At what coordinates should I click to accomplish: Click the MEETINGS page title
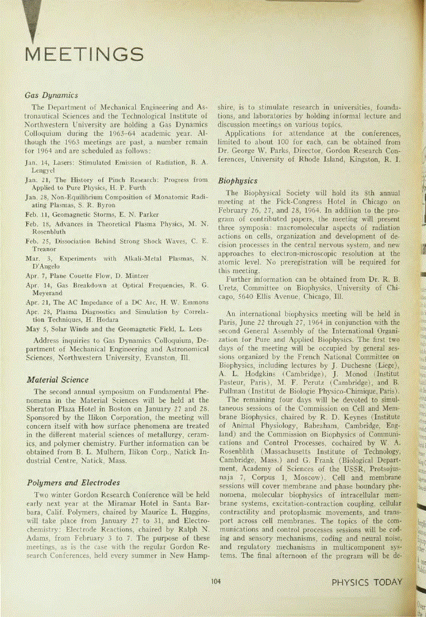[x=83, y=55]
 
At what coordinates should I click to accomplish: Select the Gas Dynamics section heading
[x=51, y=94]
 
